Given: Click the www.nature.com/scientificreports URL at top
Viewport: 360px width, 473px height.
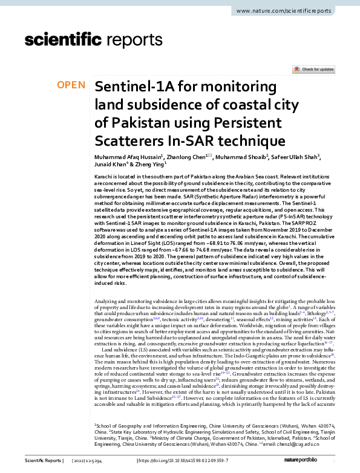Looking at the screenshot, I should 287,11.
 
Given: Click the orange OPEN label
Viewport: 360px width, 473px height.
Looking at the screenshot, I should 71,85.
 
